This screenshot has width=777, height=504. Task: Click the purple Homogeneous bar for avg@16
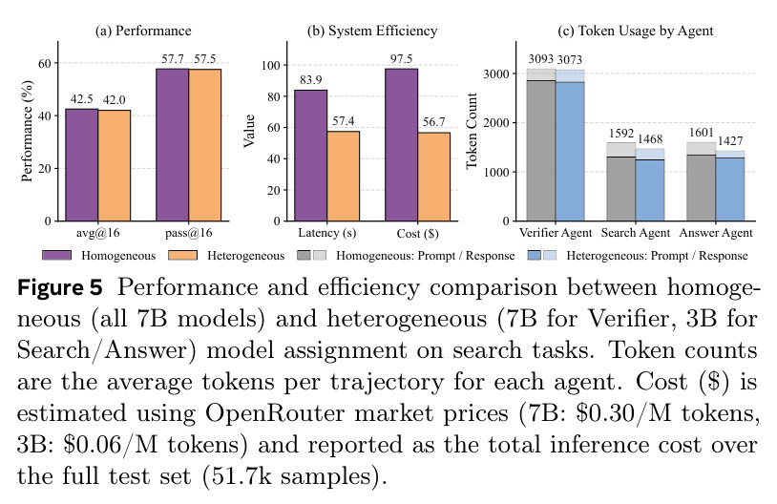point(82,165)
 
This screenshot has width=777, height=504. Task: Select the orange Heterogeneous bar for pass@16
point(204,145)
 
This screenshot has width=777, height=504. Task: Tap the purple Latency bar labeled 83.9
point(310,156)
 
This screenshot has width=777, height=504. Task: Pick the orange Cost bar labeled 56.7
point(434,177)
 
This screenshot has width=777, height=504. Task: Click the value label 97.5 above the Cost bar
point(401,59)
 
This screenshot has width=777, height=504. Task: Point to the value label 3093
point(540,59)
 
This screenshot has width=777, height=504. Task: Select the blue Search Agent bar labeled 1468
point(650,184)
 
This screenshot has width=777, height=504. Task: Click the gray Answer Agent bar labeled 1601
point(702,181)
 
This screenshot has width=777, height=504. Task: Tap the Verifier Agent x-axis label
point(556,233)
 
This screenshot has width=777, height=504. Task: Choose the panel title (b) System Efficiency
point(372,31)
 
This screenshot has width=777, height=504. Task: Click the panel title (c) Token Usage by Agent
point(636,31)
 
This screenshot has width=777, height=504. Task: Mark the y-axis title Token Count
point(472,131)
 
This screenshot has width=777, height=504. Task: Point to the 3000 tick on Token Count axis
point(496,73)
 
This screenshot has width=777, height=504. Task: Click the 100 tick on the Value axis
point(271,66)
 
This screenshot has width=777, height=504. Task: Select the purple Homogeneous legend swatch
point(56,255)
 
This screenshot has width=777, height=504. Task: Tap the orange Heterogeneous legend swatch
point(183,255)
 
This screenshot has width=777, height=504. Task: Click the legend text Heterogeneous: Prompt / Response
point(657,256)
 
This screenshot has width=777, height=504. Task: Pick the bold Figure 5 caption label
point(60,287)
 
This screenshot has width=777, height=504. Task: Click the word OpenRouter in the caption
point(275,412)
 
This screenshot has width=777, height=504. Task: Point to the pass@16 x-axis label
point(189,233)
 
